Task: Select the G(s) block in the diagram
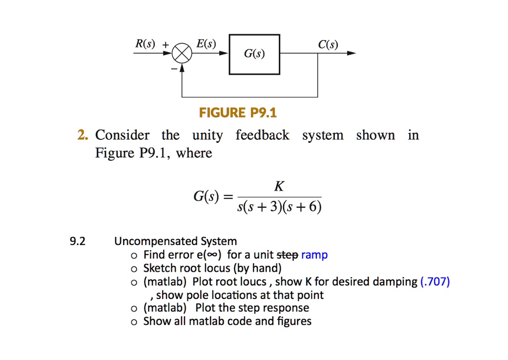pos(254,55)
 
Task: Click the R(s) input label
pos(145,44)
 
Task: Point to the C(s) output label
pos(328,46)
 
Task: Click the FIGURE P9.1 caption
pos(238,114)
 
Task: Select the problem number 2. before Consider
pos(83,135)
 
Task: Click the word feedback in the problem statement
pos(262,135)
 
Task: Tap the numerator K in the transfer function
pos(279,186)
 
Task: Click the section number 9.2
pos(77,241)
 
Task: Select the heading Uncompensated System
pos(176,241)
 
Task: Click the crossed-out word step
pos(287,255)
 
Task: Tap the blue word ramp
pos(314,255)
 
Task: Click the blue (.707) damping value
pos(435,282)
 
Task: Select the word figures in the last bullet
pos(295,321)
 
